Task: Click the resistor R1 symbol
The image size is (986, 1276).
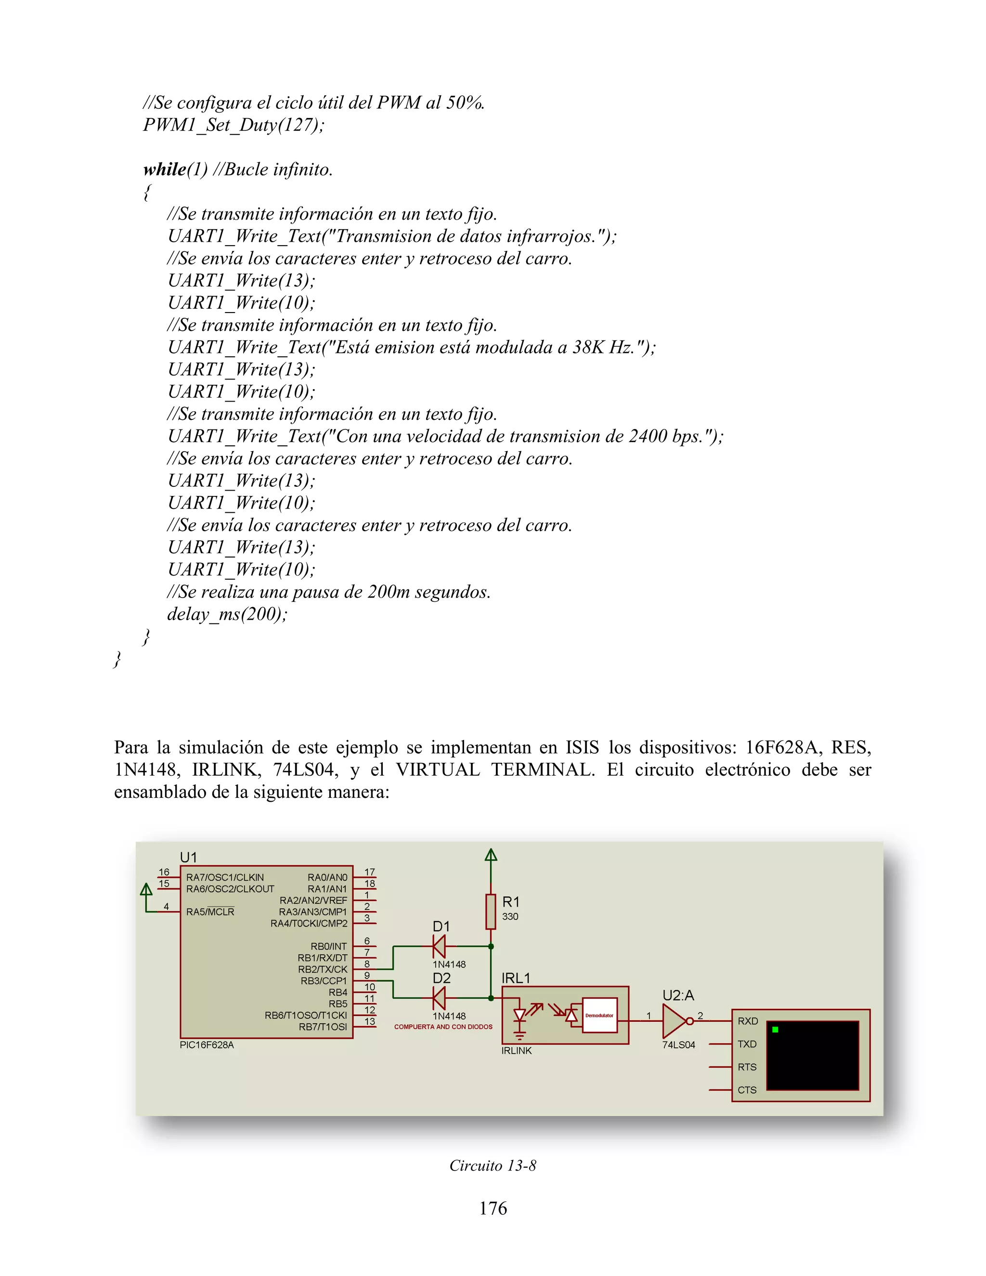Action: tap(491, 911)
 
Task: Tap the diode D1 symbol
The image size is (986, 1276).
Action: tap(439, 946)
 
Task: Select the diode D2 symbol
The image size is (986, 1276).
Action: tap(439, 998)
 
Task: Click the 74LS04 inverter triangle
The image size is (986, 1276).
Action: tap(675, 1021)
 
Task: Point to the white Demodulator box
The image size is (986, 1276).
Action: tap(599, 1016)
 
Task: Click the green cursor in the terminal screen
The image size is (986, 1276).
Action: tap(775, 1029)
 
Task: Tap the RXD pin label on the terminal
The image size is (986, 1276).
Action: tap(748, 1021)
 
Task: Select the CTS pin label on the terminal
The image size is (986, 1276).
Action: tap(747, 1090)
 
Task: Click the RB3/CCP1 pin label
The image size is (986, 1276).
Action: tap(324, 981)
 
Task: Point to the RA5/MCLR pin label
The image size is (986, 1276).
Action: tap(210, 912)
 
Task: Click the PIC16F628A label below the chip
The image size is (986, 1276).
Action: tap(207, 1045)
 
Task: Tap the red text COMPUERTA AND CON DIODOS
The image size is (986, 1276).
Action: tap(443, 1027)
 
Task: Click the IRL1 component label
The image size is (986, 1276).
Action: tap(516, 978)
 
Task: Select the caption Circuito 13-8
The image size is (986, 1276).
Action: tap(493, 1166)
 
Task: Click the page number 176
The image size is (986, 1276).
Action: tap(493, 1208)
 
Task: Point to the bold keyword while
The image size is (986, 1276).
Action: tap(165, 169)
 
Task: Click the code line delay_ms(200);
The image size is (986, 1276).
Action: tap(227, 614)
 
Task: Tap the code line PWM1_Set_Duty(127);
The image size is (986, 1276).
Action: tap(234, 125)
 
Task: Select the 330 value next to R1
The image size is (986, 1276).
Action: tap(510, 917)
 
